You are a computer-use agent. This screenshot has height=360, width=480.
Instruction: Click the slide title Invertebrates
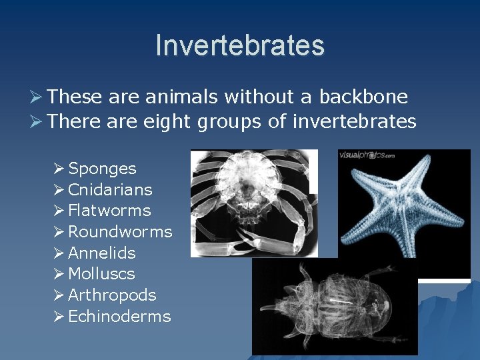pyautogui.click(x=240, y=45)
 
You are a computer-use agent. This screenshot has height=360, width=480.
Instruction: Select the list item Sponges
pyautogui.click(x=102, y=169)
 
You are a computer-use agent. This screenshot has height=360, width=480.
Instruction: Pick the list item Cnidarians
pyautogui.click(x=110, y=190)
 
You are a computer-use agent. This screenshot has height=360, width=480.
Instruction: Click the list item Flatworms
pyautogui.click(x=109, y=211)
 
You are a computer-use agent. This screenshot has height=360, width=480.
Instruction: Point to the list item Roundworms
pyautogui.click(x=120, y=232)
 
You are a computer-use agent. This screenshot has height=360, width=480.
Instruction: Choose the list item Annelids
pyautogui.click(x=102, y=253)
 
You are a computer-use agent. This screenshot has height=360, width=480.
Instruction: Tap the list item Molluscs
pyautogui.click(x=101, y=274)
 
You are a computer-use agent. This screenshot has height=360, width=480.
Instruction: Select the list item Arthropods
pyautogui.click(x=112, y=295)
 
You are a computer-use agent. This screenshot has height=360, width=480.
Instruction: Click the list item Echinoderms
pyautogui.click(x=119, y=317)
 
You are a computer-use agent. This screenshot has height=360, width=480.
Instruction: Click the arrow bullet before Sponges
pyautogui.click(x=59, y=169)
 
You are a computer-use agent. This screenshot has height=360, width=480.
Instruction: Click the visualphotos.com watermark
pyautogui.click(x=367, y=156)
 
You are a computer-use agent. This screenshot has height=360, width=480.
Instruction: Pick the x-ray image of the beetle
pyautogui.click(x=333, y=307)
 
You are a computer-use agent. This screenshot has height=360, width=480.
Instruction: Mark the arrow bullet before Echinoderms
pyautogui.click(x=59, y=317)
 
